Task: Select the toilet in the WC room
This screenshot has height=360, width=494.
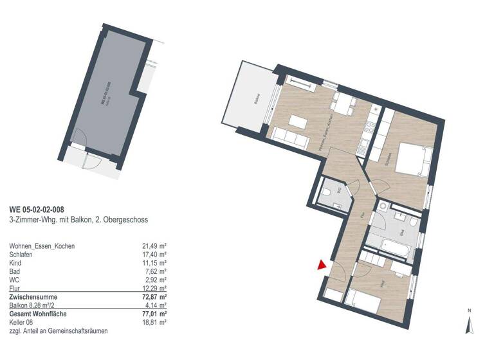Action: [328, 194]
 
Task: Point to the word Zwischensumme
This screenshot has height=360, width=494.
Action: [33, 298]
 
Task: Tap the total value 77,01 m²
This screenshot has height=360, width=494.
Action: [154, 314]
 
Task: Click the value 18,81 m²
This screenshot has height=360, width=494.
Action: [154, 323]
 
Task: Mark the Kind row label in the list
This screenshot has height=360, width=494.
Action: [15, 264]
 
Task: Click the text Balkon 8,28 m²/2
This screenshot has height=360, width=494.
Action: [36, 306]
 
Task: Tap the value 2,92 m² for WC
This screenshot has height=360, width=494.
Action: [155, 280]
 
